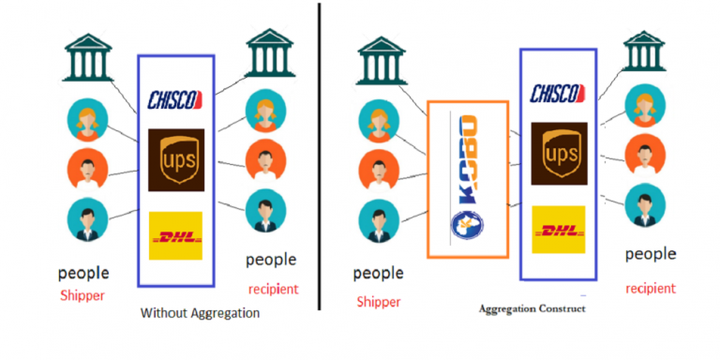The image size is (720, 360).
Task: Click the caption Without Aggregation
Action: point(199,313)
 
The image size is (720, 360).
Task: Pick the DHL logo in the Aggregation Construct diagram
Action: point(558,229)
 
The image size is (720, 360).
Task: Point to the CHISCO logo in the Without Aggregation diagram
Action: point(176,97)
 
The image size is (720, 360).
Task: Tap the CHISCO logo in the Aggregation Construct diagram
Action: point(559,93)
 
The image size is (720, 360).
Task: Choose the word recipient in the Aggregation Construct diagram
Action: point(650,288)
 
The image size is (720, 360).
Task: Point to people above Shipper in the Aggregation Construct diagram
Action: point(378,274)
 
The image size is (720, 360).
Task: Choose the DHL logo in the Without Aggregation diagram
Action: point(175,235)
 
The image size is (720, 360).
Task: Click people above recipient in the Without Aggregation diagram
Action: point(271,259)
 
